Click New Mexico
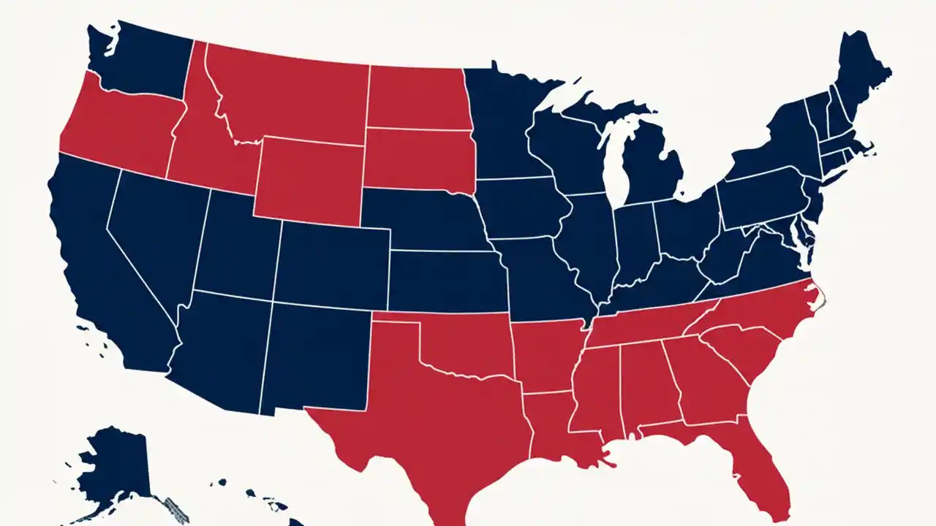(314, 358)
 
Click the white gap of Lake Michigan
(614, 161)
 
